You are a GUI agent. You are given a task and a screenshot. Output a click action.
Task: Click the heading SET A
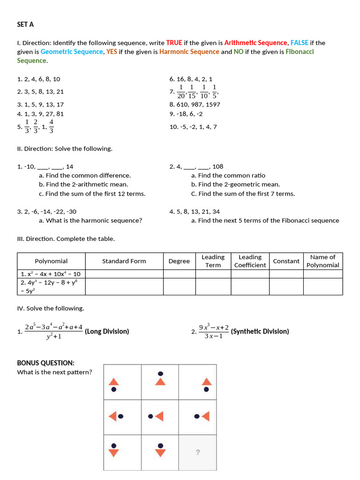25,24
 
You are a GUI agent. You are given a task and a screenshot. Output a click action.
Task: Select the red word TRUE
174,43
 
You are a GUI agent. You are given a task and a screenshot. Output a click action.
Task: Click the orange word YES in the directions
112,52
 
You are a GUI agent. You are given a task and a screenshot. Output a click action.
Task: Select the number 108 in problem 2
217,166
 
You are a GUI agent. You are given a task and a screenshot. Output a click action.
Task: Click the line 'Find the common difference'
85,175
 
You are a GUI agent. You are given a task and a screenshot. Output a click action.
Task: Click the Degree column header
179,261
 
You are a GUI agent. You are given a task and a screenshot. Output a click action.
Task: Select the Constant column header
286,261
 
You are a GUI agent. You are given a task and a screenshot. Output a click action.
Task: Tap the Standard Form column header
124,261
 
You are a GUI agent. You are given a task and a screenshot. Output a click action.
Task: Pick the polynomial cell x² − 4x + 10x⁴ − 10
51,274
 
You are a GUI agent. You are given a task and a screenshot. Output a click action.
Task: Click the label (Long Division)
107,331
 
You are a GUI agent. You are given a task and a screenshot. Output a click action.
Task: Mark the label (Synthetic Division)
260,331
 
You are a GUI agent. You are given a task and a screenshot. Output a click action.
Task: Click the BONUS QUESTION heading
45,363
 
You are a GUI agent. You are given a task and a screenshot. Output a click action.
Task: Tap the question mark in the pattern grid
197,452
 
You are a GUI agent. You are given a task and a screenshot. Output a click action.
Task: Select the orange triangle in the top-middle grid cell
160,382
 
